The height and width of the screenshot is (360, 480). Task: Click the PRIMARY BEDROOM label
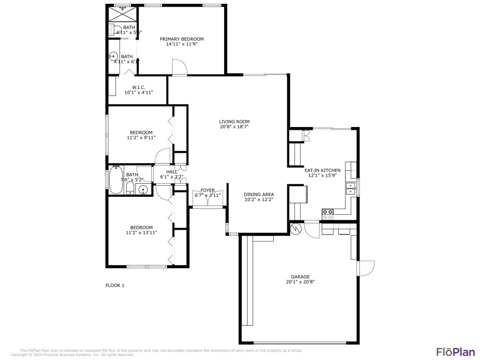point(182,39)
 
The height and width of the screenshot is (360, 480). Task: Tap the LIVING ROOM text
point(234,121)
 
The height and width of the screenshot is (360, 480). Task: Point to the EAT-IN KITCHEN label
point(322,170)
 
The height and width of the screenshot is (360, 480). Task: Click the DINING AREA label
point(259,194)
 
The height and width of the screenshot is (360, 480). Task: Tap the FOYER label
point(208,190)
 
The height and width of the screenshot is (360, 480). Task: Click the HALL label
point(171,172)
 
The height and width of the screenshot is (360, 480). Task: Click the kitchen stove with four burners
point(328,214)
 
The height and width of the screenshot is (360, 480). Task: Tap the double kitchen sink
point(351,188)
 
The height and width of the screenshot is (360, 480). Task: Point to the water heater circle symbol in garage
point(296,229)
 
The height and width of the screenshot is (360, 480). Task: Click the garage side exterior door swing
point(366,268)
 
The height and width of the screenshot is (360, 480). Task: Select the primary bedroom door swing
point(180,67)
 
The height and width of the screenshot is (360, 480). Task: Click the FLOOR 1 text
point(115,285)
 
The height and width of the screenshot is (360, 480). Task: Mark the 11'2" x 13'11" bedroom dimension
point(141,232)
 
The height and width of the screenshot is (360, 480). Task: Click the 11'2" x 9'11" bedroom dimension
point(141,138)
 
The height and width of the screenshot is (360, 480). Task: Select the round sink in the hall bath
point(144,189)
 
